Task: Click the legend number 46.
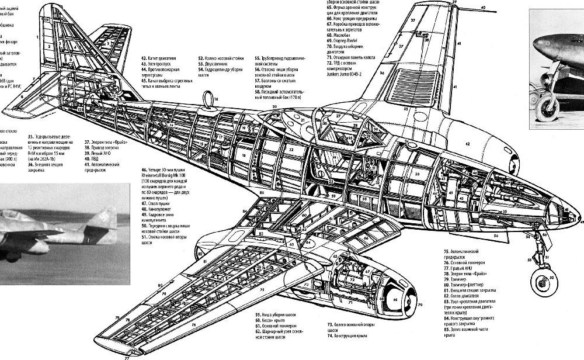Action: (144, 169)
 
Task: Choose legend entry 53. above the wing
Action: (201, 64)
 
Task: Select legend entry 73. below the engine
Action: (329, 324)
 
